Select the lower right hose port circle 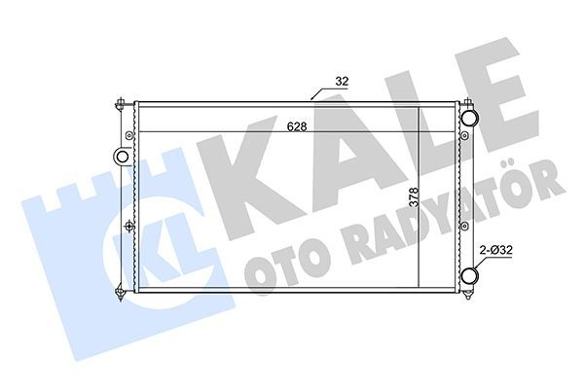(x=470, y=278)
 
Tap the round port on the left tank (x=123, y=156)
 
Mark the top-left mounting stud (x=118, y=102)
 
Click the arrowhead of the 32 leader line (x=311, y=98)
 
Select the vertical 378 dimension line (x=420, y=194)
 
